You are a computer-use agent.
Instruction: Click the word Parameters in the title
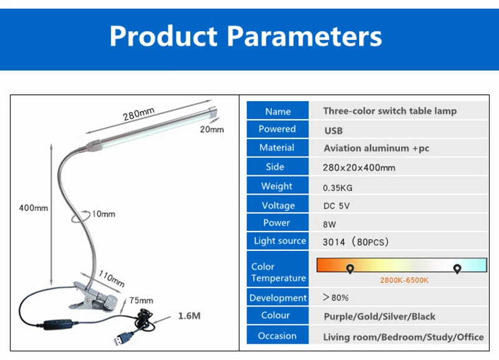(x=304, y=36)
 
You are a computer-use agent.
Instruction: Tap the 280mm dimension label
(x=138, y=114)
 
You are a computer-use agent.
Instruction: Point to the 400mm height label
(x=34, y=208)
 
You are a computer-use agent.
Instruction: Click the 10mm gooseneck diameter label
(x=104, y=214)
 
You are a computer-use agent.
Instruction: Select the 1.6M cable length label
(x=190, y=316)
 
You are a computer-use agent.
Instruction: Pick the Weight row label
(x=276, y=186)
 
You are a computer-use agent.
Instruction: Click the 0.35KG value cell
(x=337, y=188)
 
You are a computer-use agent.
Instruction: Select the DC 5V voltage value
(x=336, y=206)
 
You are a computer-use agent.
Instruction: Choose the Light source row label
(x=279, y=241)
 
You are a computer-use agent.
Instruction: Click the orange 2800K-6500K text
(x=404, y=280)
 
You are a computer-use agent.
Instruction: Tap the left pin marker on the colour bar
(x=350, y=269)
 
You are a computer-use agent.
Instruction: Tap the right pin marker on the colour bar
(x=457, y=269)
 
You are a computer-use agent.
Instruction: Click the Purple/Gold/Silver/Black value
(x=379, y=316)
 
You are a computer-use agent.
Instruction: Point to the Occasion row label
(x=277, y=336)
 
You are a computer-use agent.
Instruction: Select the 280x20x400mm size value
(x=359, y=168)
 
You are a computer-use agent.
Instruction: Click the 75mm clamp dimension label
(x=141, y=301)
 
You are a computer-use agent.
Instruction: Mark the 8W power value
(x=329, y=225)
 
